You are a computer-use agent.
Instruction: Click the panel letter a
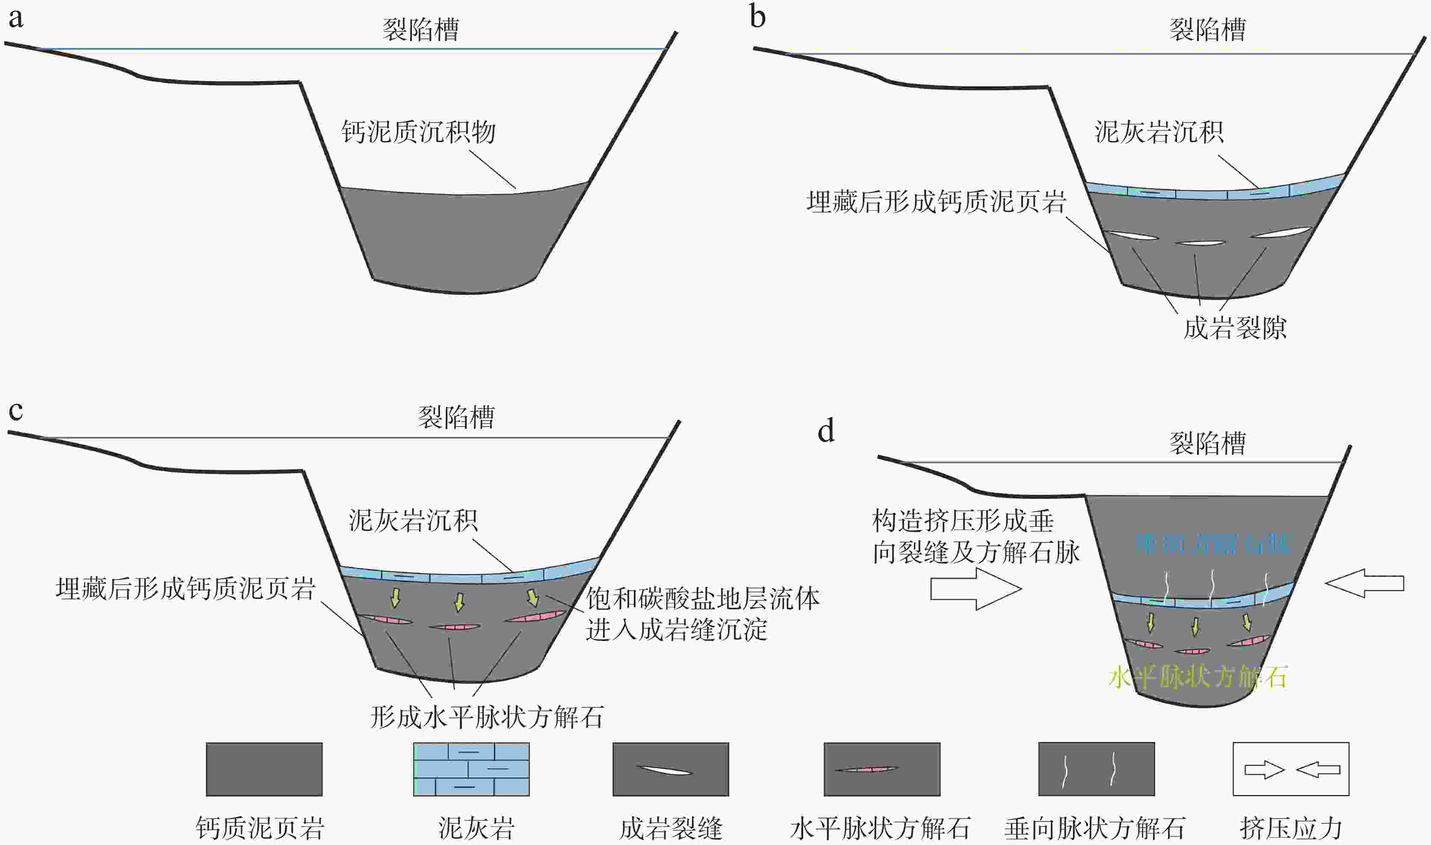pos(16,19)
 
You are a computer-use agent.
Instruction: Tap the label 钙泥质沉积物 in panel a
pos(419,132)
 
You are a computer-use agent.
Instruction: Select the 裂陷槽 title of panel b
pos(1208,29)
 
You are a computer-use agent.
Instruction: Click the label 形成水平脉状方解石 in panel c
pos(487,717)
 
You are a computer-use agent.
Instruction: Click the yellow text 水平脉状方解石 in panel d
pos(1197,677)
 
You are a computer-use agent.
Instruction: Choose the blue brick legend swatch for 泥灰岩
pos(471,769)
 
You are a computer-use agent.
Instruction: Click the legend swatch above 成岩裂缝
pos(671,769)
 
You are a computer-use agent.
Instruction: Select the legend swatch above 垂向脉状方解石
pos(1096,769)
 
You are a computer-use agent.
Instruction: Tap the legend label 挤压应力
pos(1291,828)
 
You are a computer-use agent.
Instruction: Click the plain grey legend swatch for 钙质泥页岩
pos(264,769)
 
